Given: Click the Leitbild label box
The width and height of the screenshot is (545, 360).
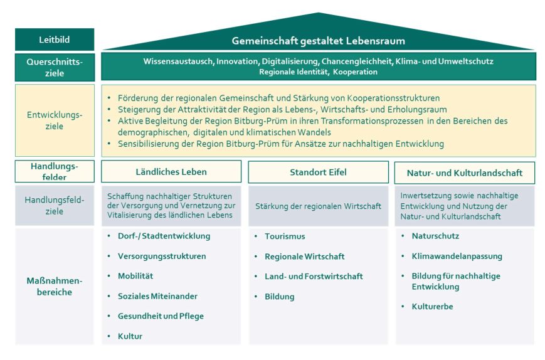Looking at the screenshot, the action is [x=55, y=40].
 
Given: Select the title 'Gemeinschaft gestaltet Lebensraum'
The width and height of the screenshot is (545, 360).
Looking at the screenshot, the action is [x=319, y=41].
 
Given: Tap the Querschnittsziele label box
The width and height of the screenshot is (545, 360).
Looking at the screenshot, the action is [x=55, y=66].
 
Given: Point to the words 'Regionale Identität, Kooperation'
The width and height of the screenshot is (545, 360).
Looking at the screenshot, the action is [x=319, y=72].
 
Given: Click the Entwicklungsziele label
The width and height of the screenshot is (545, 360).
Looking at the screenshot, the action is [x=55, y=120].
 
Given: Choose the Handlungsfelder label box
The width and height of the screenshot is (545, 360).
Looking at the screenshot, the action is [x=55, y=171].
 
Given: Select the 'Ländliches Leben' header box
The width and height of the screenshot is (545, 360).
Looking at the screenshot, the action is [x=171, y=172].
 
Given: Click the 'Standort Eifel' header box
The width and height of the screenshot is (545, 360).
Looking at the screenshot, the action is [x=318, y=172].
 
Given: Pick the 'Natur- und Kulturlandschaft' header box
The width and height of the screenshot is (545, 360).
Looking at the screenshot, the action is [x=465, y=172].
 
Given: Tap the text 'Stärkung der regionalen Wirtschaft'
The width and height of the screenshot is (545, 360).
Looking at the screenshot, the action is [x=318, y=206].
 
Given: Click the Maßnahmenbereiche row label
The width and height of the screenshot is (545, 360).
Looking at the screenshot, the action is [x=55, y=287].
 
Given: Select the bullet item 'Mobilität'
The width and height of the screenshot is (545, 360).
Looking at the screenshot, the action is [x=135, y=276].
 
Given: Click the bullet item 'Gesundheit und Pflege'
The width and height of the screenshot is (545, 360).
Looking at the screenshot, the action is [x=161, y=316].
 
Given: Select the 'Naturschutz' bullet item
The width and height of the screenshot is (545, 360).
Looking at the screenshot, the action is [x=435, y=236].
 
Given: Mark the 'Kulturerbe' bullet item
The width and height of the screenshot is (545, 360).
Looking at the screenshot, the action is [x=432, y=307].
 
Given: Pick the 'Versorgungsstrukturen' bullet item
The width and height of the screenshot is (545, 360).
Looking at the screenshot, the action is [x=162, y=257].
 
